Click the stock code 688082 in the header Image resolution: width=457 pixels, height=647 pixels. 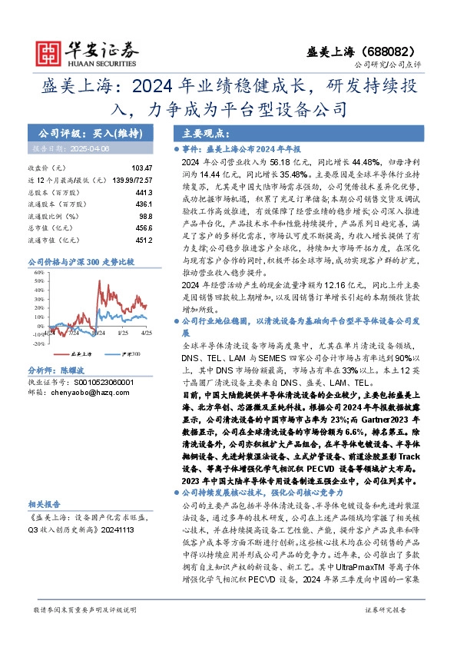[x=398, y=48]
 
